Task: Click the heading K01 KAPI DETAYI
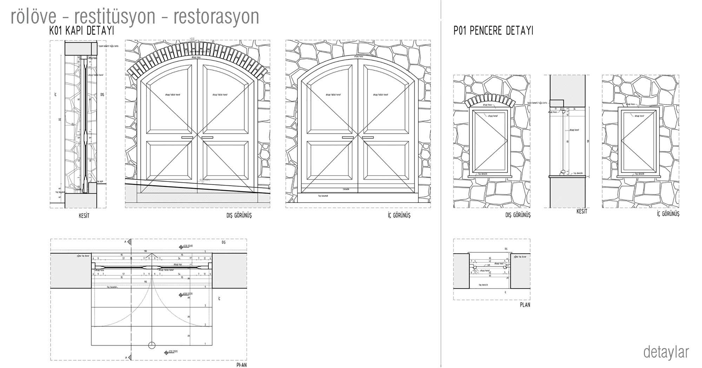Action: [82, 31]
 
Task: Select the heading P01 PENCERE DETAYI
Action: [493, 31]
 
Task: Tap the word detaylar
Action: [666, 352]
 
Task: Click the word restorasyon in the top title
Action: [216, 16]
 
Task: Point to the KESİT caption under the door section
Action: [84, 216]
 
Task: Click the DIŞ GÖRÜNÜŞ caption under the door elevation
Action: [239, 215]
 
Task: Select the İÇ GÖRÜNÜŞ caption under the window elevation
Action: [668, 213]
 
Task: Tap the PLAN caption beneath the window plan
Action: [525, 305]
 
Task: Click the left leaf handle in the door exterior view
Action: [187, 137]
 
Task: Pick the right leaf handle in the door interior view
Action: [368, 137]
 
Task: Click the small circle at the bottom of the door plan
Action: [152, 345]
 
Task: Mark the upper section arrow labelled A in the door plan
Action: [129, 242]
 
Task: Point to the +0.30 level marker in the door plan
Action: [181, 247]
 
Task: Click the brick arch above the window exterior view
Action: [490, 102]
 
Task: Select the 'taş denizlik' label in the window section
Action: [578, 173]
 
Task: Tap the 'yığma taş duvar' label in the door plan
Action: [83, 256]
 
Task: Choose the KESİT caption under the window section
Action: [581, 211]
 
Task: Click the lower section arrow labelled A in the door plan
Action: [129, 357]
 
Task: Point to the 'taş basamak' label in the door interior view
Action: [323, 196]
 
